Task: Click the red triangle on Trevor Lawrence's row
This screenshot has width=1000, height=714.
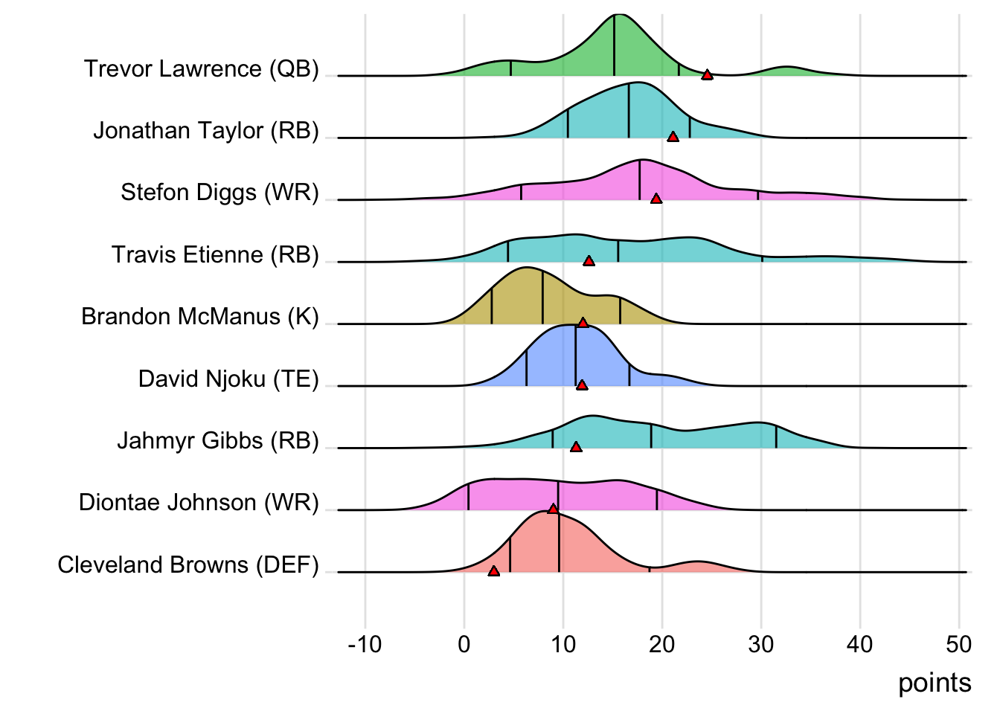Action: tap(707, 74)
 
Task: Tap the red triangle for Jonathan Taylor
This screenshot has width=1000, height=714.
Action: tap(673, 137)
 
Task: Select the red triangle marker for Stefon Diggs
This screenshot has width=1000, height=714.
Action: tap(656, 199)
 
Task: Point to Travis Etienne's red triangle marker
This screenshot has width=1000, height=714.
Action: tap(589, 261)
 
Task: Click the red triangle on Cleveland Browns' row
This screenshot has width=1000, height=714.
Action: tap(493, 571)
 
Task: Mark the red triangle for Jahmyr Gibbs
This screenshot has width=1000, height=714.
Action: tap(575, 447)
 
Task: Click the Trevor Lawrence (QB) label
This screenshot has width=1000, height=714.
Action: tap(201, 68)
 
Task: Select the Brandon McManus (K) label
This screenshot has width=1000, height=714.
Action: tap(199, 317)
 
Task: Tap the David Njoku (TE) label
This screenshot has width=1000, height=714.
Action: tap(228, 379)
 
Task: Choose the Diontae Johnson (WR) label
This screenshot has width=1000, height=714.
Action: tap(199, 503)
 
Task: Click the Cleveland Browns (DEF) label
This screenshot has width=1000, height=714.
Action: tap(187, 565)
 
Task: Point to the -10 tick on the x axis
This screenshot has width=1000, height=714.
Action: tap(365, 644)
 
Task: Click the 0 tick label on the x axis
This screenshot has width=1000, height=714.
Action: tap(464, 644)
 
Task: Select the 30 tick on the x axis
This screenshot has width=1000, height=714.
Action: tap(760, 644)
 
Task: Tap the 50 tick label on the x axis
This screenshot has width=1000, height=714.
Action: tap(958, 644)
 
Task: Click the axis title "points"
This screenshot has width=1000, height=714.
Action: tap(934, 683)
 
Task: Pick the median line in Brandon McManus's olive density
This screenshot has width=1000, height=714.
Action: tap(542, 297)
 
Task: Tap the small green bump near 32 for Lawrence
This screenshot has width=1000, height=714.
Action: tap(786, 71)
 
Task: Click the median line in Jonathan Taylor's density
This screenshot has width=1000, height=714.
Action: tap(629, 112)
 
